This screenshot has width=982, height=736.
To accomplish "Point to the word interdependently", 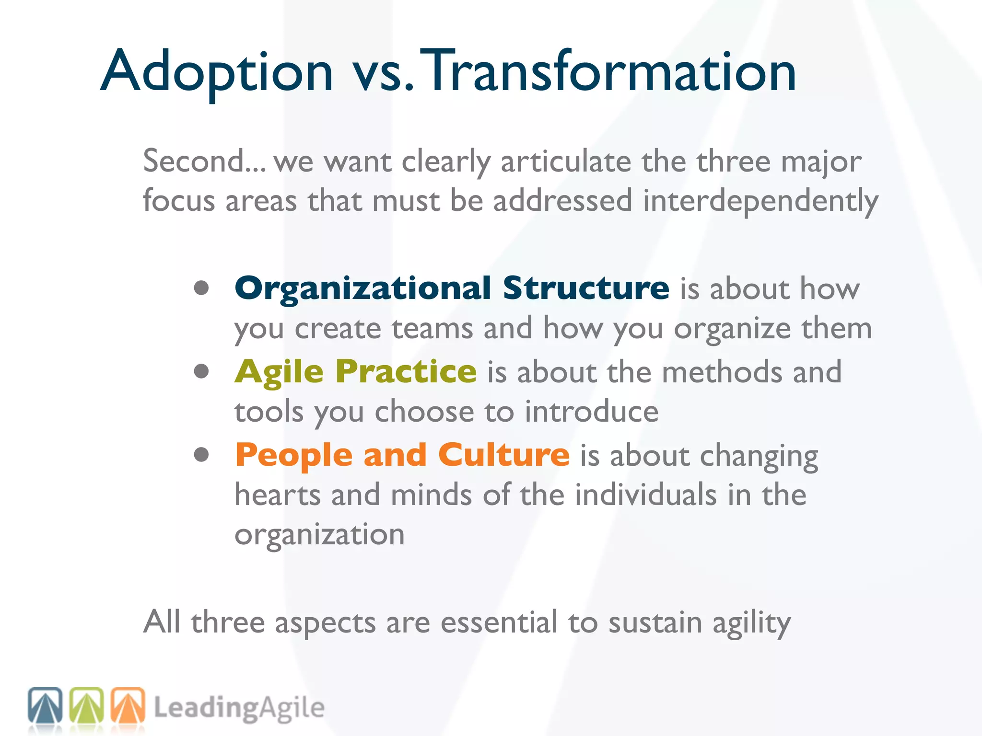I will (760, 200).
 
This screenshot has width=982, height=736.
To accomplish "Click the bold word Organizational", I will (363, 288).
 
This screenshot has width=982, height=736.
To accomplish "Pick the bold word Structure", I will (586, 288).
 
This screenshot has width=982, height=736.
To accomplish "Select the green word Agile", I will (279, 372).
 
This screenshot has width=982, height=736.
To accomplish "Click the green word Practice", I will (406, 372).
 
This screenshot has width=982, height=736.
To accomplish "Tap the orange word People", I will (294, 455).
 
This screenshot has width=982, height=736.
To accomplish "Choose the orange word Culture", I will (503, 455).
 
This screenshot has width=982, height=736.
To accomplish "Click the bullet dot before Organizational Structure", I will (201, 287).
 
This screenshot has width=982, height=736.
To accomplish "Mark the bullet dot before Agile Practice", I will (201, 371).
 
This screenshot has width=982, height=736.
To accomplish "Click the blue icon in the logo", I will (45, 705).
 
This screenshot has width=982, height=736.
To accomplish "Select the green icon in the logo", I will (86, 705).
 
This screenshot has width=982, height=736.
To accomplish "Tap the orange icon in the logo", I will (128, 705).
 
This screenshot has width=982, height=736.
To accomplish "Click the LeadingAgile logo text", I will (239, 708).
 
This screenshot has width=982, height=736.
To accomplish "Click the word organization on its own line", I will (319, 535).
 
